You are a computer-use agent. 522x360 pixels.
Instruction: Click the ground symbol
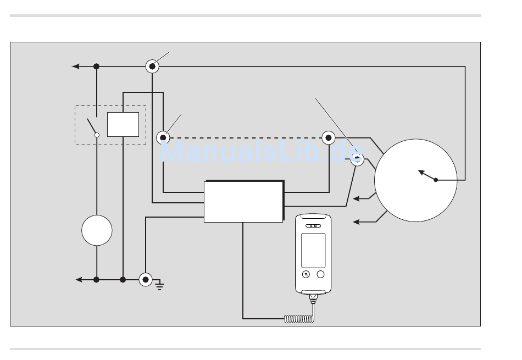pyautogui.click(x=160, y=285)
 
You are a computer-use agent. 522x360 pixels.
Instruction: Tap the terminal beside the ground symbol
pyautogui.click(x=146, y=280)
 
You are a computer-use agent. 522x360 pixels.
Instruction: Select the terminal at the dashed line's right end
pyautogui.click(x=329, y=137)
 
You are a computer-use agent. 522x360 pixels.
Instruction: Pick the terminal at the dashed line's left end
pyautogui.click(x=163, y=137)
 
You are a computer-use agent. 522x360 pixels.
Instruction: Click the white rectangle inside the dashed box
pyautogui.click(x=123, y=124)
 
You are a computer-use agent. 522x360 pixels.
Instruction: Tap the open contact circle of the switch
pyautogui.click(x=97, y=135)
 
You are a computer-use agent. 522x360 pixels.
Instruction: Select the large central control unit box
pyautogui.click(x=243, y=201)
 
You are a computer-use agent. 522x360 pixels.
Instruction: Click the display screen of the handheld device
pyautogui.click(x=313, y=250)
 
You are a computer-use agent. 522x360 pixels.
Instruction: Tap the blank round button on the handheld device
pyautogui.click(x=320, y=274)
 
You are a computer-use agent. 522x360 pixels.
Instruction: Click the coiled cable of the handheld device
pyautogui.click(x=299, y=319)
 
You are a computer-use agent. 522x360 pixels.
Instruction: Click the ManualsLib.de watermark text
pyautogui.click(x=262, y=151)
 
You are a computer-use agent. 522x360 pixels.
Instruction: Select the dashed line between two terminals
pyautogui.click(x=246, y=137)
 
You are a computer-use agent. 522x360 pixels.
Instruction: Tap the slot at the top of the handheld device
pyautogui.click(x=313, y=226)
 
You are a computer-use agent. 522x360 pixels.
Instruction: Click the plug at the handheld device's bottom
pyautogui.click(x=313, y=298)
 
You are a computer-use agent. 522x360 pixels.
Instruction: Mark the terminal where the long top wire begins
pyautogui.click(x=152, y=67)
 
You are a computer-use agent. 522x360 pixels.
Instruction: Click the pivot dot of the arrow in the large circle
pyautogui.click(x=436, y=180)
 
